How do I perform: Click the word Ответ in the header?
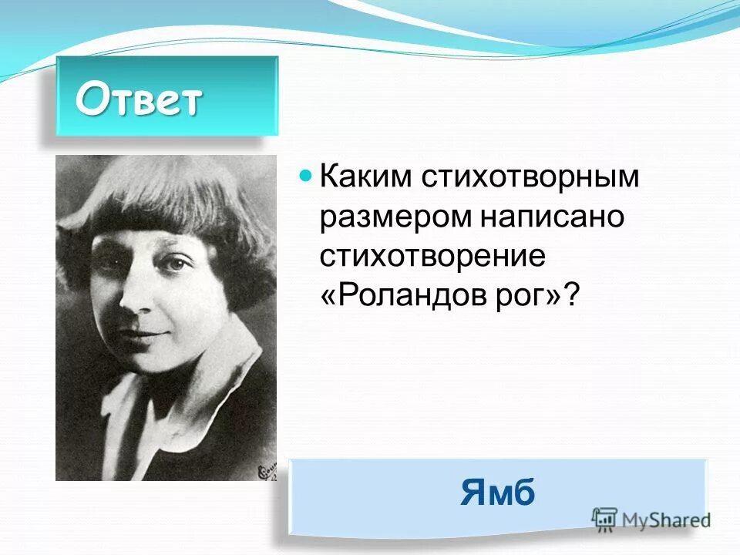coord(139,99)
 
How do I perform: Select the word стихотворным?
coord(530,177)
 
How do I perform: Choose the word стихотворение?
coord(432,256)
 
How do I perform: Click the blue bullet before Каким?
coord(304,176)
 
